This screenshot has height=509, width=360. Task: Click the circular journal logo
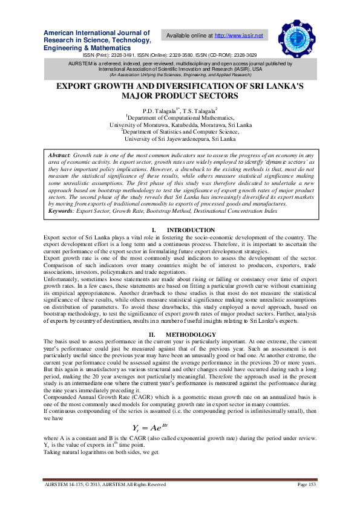297,36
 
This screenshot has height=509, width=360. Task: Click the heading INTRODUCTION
191,230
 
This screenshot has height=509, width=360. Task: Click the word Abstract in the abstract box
59,155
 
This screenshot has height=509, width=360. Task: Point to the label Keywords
62,210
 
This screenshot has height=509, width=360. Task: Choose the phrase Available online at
189,36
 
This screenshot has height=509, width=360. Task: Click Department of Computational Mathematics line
180,118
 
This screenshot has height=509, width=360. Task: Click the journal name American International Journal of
96,32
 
